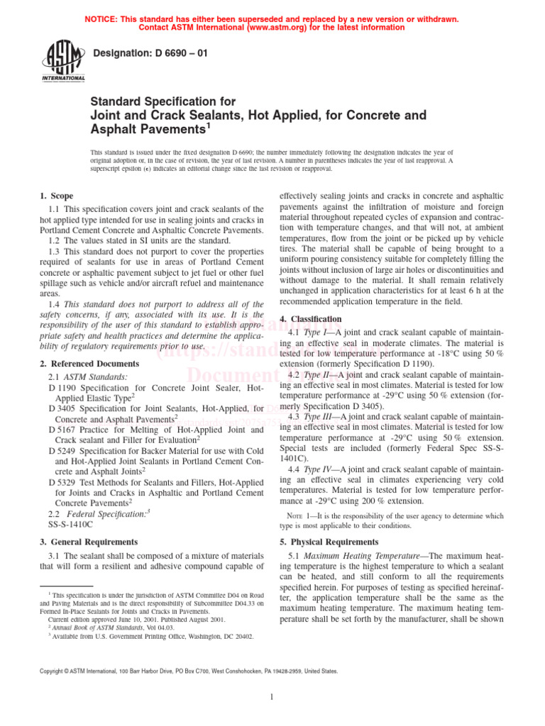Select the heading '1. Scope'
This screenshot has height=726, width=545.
click(56, 196)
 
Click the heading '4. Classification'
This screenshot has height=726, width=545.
click(312, 319)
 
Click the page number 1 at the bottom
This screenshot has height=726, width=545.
click(272, 697)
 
